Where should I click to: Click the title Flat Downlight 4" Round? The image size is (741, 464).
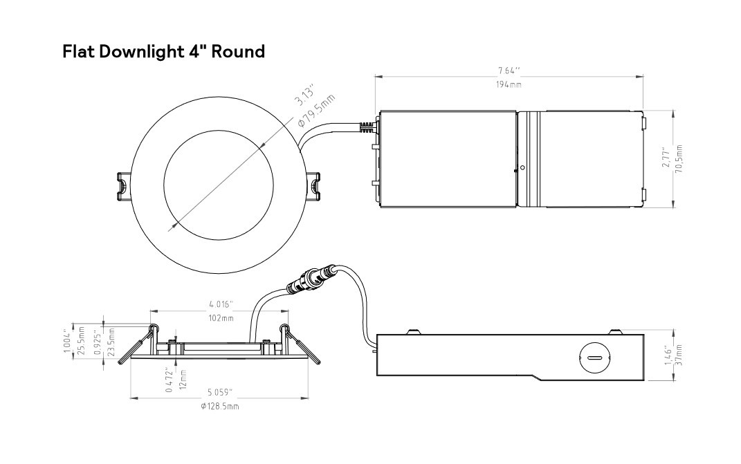pos(163,52)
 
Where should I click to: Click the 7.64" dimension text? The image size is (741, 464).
pos(509,71)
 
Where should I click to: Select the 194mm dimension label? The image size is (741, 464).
pos(509,84)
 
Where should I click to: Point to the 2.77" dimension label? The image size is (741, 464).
pos(665,158)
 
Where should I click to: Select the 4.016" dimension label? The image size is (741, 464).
pos(221,304)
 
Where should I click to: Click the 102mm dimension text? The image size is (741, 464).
pos(221,318)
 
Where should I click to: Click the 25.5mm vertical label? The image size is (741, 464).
pos(81,341)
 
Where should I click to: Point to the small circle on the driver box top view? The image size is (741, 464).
pos(522,167)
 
